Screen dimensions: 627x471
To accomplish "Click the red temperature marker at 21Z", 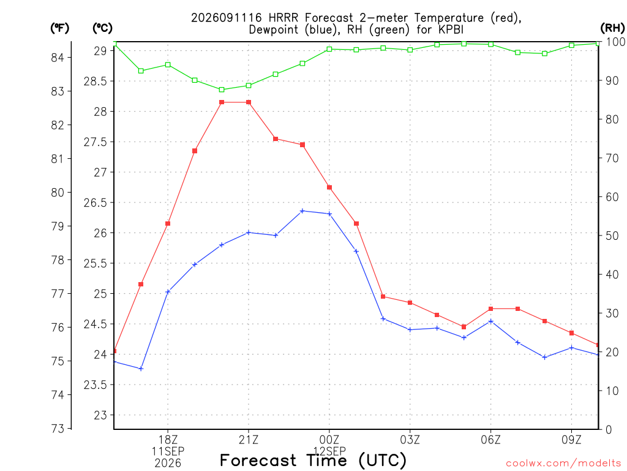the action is [249, 102].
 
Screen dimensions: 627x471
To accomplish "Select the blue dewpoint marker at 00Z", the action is [329, 214].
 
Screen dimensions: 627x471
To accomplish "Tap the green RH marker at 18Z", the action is [168, 65].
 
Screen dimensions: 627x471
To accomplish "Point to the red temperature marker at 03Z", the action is [410, 303].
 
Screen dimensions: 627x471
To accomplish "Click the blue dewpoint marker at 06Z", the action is [491, 321].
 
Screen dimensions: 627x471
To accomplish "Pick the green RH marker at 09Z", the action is [571, 45].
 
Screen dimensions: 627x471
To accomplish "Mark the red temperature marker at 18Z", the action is [168, 223].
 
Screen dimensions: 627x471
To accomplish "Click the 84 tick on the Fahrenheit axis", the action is [57, 58].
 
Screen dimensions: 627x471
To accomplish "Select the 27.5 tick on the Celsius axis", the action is [96, 142].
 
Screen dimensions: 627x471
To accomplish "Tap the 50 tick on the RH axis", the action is [612, 235].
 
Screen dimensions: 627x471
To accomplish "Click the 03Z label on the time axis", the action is [410, 440].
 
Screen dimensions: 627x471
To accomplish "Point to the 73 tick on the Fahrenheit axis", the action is [57, 429].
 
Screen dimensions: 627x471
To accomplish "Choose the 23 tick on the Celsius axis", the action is [101, 415].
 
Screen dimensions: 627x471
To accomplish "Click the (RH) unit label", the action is [612, 28].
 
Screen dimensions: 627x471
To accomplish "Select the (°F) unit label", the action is [59, 28].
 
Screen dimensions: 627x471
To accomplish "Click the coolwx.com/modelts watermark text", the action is [563, 464].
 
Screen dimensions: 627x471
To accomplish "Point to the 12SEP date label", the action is [329, 451].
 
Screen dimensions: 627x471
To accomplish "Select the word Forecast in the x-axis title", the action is [258, 461].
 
